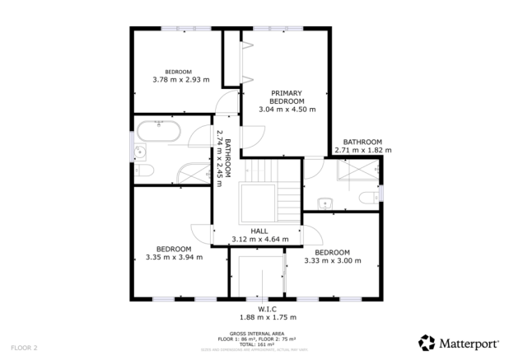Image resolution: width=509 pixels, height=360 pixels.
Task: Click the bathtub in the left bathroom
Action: click(160, 130)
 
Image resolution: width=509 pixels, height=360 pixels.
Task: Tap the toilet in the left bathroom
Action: click(144, 170)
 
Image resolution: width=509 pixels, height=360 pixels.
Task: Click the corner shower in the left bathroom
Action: click(195, 172)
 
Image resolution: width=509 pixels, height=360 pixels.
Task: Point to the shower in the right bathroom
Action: click(356, 170)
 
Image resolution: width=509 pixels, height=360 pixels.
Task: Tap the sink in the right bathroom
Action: click(325, 201)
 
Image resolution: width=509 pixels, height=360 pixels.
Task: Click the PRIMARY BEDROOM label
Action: click(287, 96)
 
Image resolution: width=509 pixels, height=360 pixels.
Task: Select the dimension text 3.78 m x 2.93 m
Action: click(181, 80)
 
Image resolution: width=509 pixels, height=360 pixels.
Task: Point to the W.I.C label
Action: click(266, 309)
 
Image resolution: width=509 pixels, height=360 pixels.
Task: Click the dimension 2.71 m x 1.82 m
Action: click(362, 151)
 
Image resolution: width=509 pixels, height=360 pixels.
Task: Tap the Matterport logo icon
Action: click(427, 342)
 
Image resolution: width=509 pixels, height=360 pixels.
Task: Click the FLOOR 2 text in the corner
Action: click(25, 348)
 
